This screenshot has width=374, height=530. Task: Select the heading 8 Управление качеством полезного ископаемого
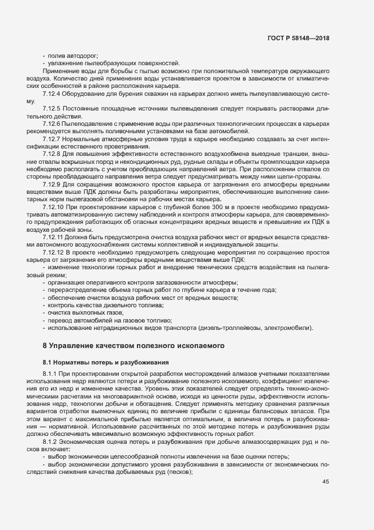click(135, 345)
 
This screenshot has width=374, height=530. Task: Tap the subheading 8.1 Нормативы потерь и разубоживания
click(102, 361)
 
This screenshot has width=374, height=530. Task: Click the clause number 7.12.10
click(53, 207)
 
